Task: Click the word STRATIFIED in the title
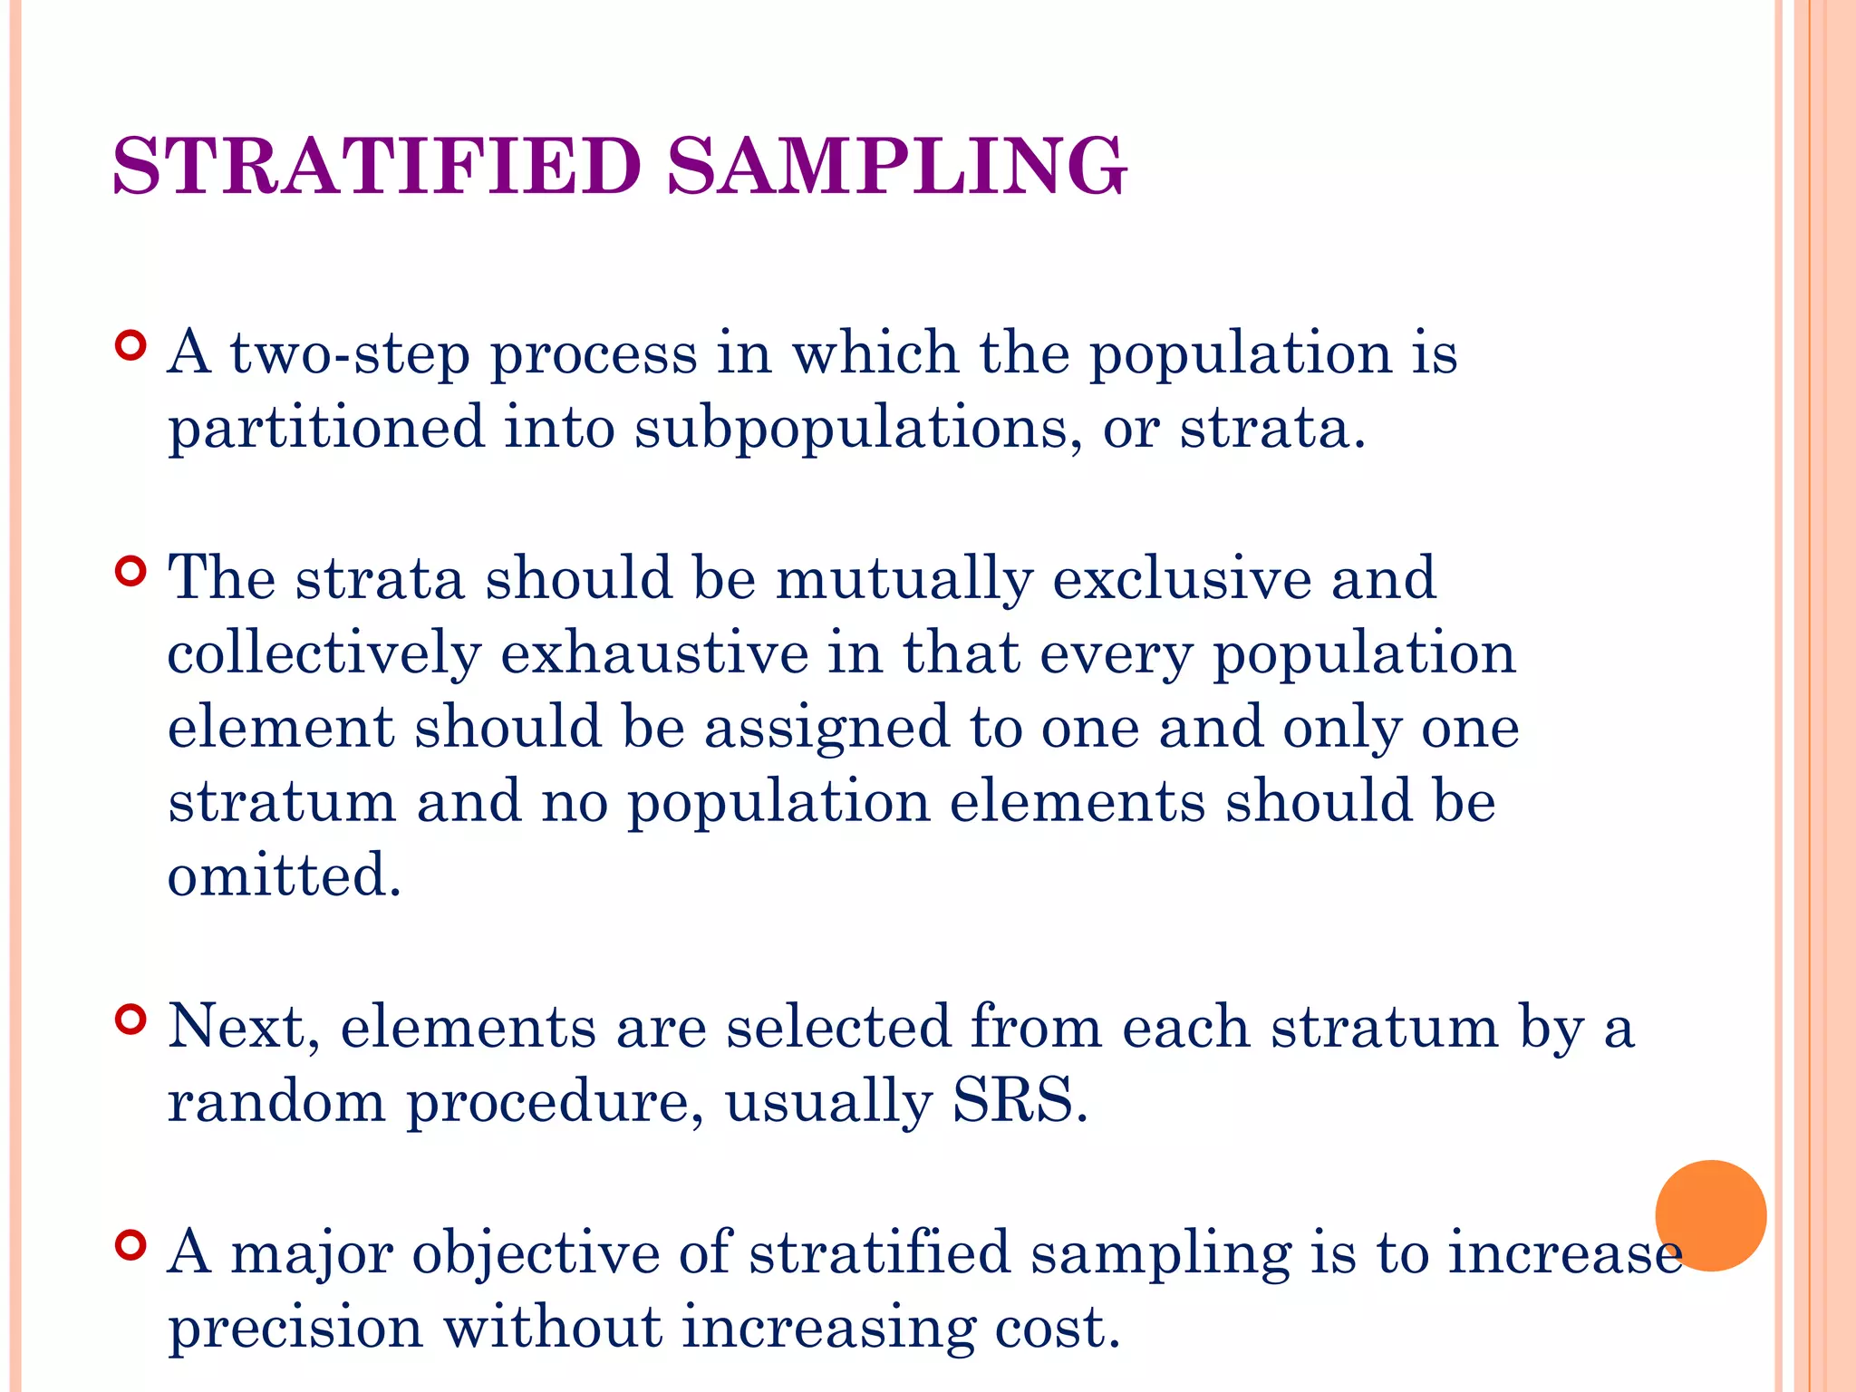pos(377,166)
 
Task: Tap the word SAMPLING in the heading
pos(897,166)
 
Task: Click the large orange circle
pos(1710,1215)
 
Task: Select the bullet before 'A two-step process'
pos(131,346)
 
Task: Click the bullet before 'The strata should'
pos(131,572)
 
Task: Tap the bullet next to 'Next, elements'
pos(131,1020)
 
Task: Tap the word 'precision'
pos(295,1328)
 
